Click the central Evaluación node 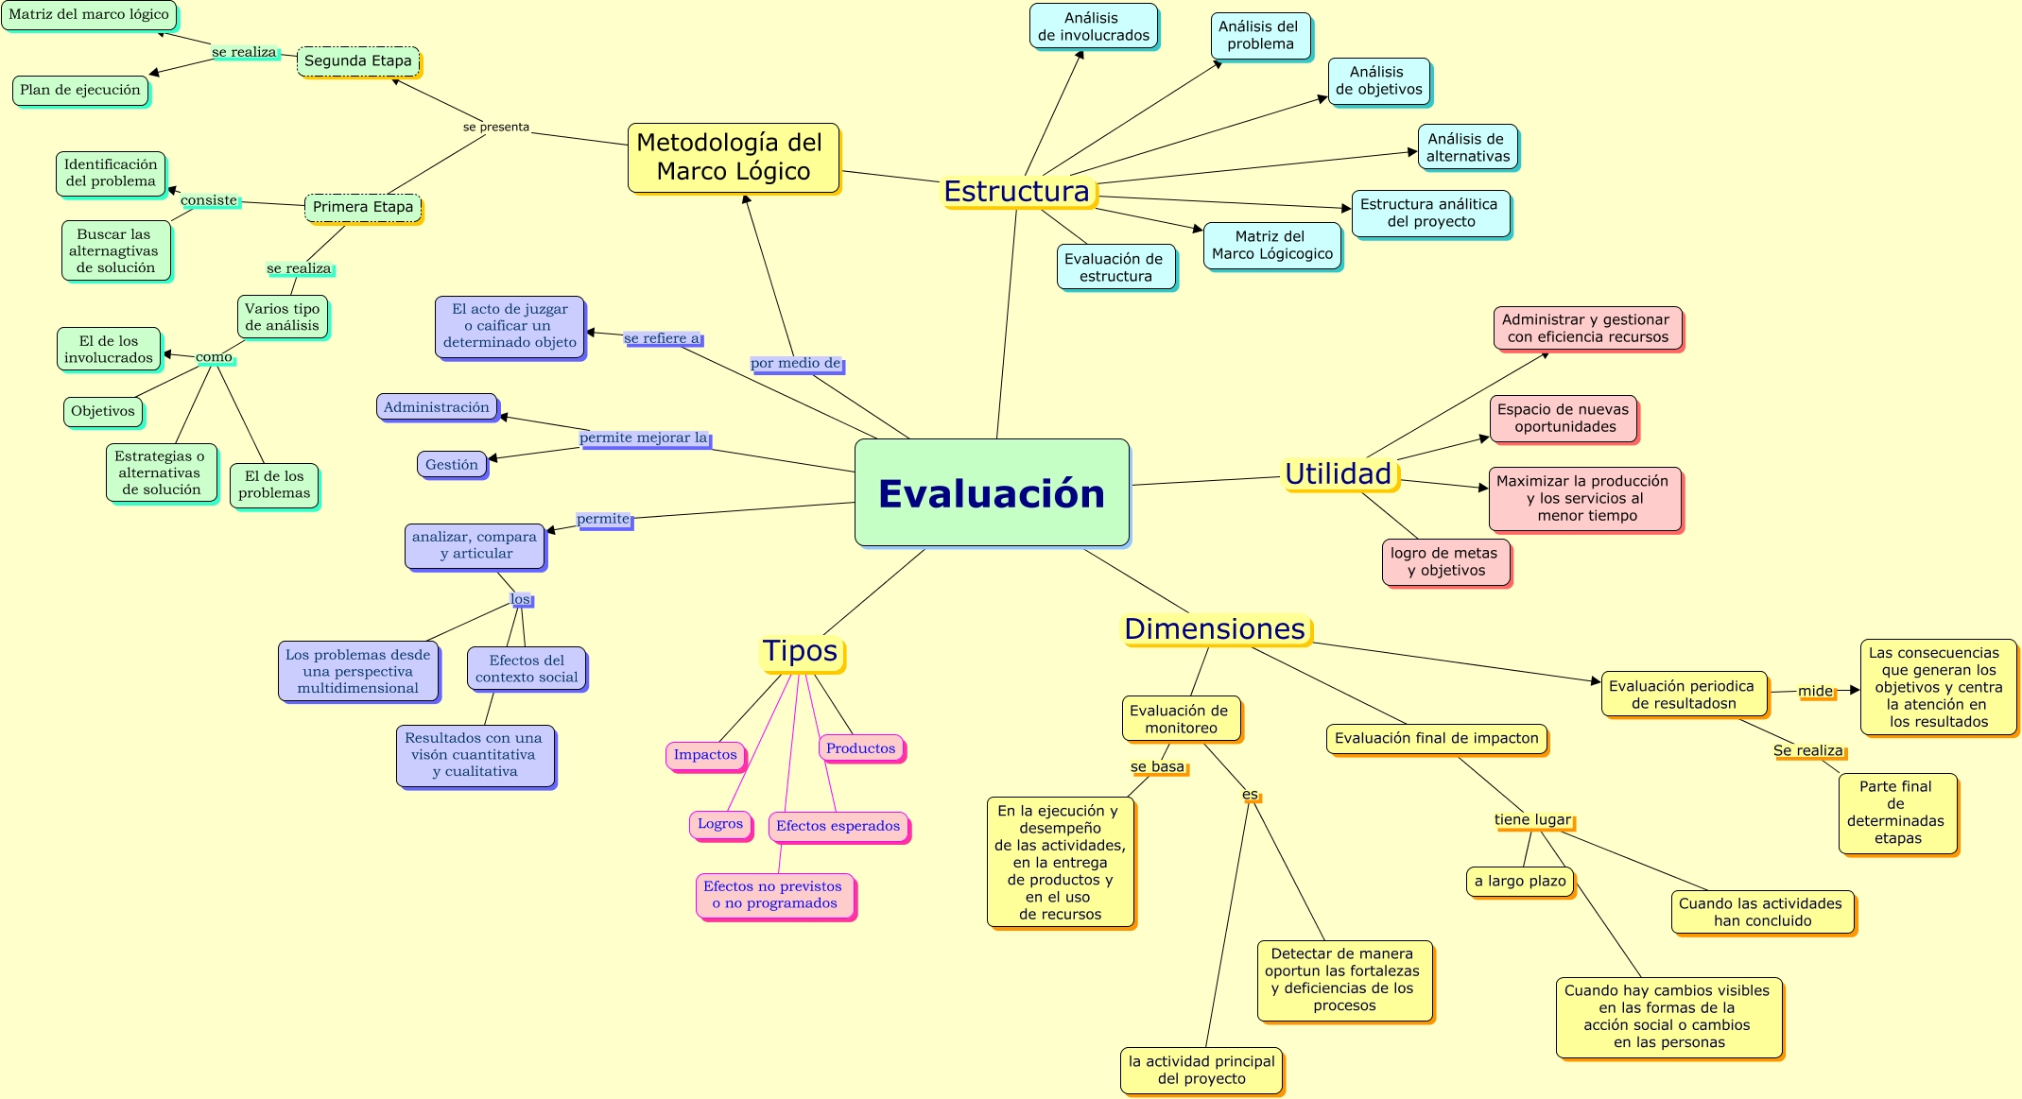point(992,492)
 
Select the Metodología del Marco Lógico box point(733,158)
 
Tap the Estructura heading point(1016,192)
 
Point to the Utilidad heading point(1338,473)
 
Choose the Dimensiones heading point(1215,629)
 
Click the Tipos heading point(801,651)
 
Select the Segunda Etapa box point(358,61)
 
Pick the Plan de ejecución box point(80,91)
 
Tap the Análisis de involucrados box point(1094,27)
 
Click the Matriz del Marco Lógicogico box point(1272,246)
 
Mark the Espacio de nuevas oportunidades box point(1564,419)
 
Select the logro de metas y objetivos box point(1444,562)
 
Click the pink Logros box point(720,824)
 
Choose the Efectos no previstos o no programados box point(773,895)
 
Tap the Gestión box point(452,465)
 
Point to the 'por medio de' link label point(796,364)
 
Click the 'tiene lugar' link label point(1532,820)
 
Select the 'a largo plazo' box point(1520,882)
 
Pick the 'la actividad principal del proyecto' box point(1201,1071)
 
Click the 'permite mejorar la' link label point(644,438)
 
